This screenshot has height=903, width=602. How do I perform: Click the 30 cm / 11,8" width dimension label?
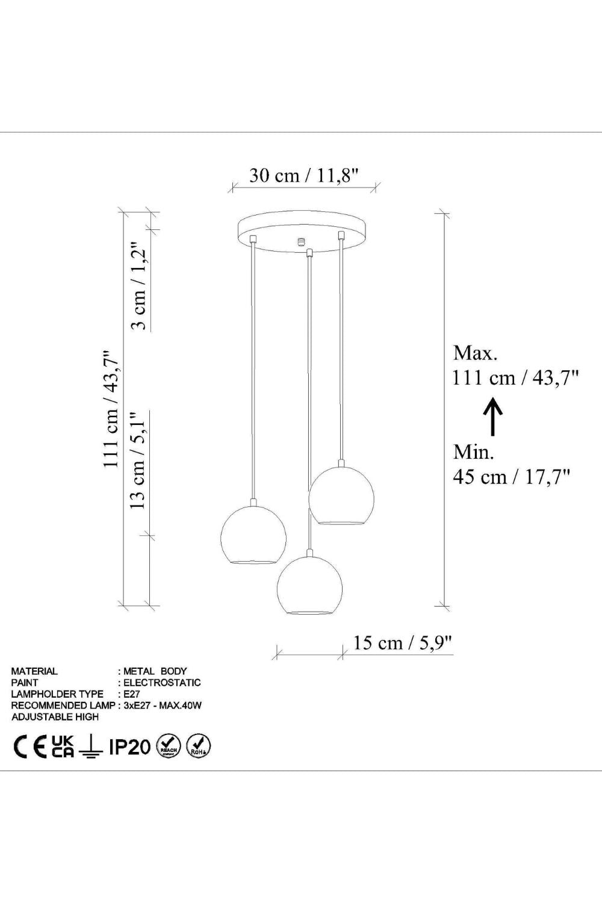coord(303,175)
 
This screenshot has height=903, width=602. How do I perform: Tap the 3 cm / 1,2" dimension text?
coord(139,286)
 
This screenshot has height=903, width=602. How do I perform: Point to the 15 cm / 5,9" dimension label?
coord(403,642)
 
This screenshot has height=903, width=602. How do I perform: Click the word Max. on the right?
coord(476,353)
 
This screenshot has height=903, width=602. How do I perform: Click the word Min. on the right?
coord(473,452)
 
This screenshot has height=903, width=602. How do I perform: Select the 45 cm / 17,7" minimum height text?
coord(512,477)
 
